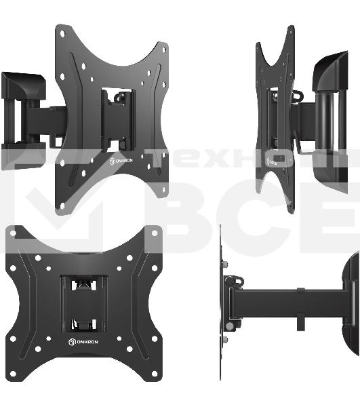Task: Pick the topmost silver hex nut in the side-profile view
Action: pyautogui.click(x=226, y=265)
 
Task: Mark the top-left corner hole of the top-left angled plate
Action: pyautogui.click(x=62, y=33)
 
